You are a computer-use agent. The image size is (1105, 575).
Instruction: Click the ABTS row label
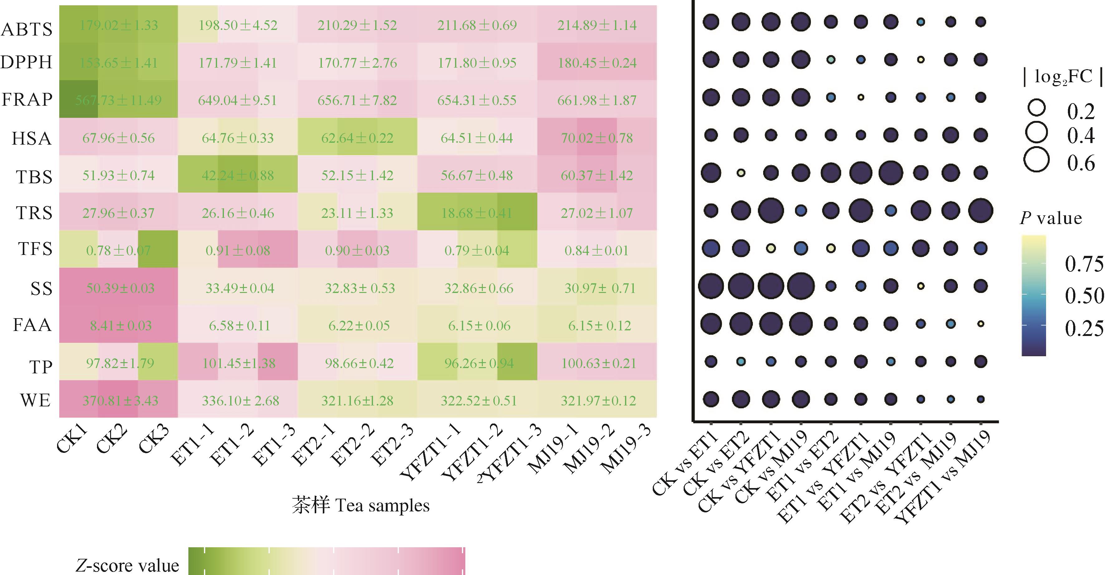click(27, 29)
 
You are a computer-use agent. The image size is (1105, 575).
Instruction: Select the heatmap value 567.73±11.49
click(119, 100)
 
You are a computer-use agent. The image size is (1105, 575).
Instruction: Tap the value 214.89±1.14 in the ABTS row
click(597, 25)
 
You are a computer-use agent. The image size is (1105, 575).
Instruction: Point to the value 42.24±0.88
click(238, 175)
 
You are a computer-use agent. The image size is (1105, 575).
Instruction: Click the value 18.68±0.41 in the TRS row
click(477, 213)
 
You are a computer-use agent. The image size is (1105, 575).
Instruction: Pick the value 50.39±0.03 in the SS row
click(120, 288)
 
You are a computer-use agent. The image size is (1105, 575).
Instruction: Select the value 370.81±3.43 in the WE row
click(120, 401)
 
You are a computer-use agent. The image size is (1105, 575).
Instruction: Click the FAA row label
click(32, 325)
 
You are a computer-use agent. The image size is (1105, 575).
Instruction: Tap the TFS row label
click(35, 249)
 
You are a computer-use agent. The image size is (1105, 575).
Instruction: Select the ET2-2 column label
click(353, 446)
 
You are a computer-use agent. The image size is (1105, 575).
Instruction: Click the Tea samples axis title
click(360, 506)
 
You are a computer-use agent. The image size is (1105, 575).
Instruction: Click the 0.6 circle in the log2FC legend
click(1036, 160)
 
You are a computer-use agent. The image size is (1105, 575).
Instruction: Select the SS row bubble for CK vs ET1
click(711, 286)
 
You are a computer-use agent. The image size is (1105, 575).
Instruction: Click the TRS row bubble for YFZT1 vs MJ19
click(981, 211)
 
